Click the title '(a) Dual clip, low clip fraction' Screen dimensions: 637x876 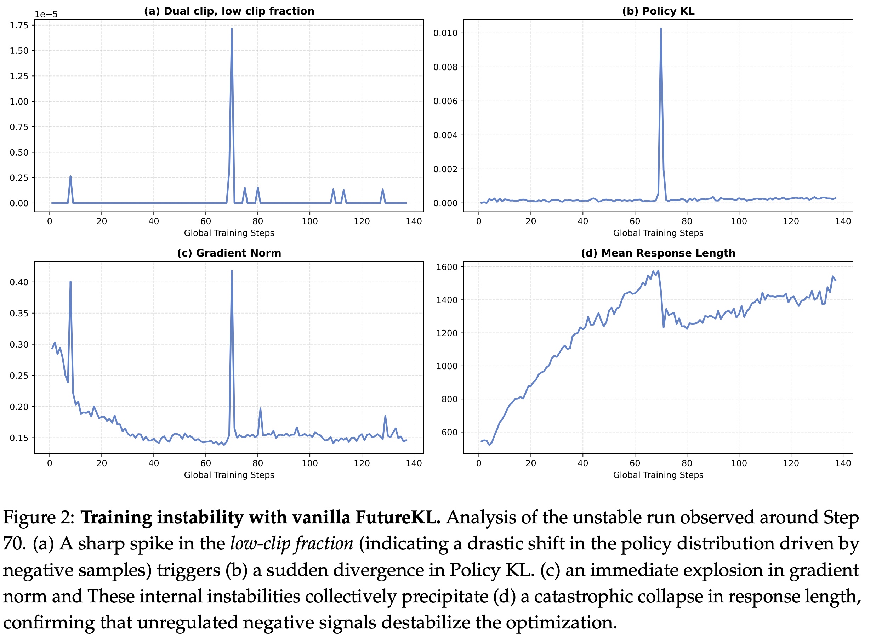click(x=229, y=11)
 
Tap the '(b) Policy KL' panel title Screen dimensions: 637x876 click(x=658, y=11)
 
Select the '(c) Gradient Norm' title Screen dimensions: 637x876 click(x=229, y=253)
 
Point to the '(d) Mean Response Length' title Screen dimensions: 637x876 click(x=658, y=253)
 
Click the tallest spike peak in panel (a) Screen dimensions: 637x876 click(x=231, y=29)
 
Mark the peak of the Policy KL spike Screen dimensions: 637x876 click(x=661, y=29)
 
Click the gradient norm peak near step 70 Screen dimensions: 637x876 click(x=231, y=271)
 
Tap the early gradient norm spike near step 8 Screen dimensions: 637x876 click(x=70, y=282)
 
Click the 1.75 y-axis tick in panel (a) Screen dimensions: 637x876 click(x=19, y=26)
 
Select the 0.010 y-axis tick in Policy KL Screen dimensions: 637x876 click(x=445, y=33)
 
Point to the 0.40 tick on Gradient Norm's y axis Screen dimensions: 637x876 click(x=19, y=282)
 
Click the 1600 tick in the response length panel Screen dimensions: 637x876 click(x=446, y=267)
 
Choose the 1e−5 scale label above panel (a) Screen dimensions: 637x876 click(x=46, y=15)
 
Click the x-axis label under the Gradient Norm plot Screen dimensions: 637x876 click(x=229, y=475)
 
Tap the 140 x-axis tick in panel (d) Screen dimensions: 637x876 click(x=843, y=463)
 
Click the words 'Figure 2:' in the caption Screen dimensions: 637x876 click(x=39, y=518)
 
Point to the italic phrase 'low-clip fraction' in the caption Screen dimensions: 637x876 click(x=292, y=544)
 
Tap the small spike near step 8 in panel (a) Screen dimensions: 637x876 click(x=70, y=177)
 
